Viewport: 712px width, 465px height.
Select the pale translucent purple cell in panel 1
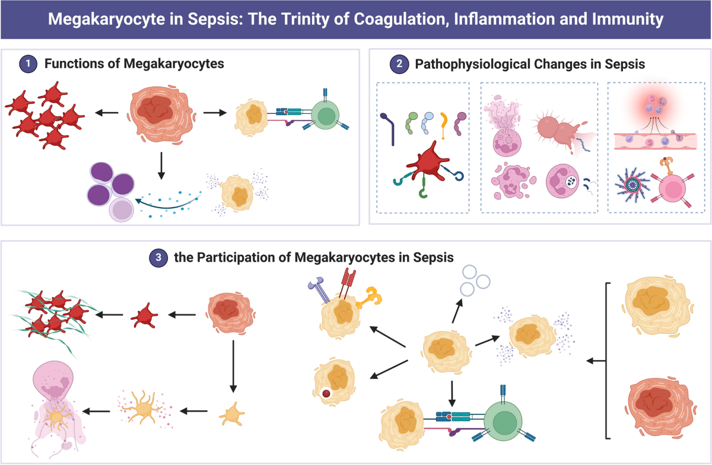[122, 210]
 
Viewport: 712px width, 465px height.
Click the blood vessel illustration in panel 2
[658, 141]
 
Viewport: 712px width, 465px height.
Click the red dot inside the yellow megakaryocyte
[326, 393]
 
